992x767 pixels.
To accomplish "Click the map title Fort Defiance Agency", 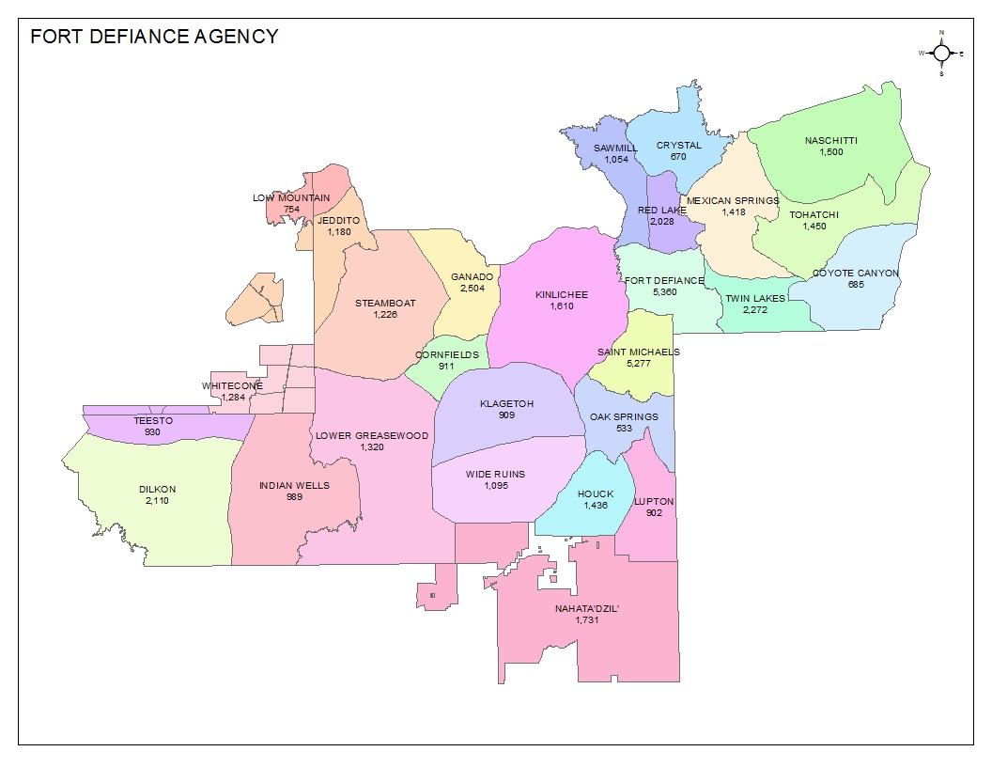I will [x=154, y=37].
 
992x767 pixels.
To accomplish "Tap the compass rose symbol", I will [x=941, y=54].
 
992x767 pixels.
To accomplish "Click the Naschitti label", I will [x=830, y=142].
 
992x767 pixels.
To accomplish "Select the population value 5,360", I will [x=664, y=292].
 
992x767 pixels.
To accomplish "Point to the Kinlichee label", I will [x=562, y=295].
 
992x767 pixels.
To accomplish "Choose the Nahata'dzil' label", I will [x=588, y=608].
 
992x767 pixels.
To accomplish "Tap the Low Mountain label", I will [x=291, y=198].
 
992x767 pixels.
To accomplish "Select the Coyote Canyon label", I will [x=855, y=274].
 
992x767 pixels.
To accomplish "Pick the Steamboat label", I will [x=385, y=304].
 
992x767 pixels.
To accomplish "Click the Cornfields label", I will [x=446, y=355].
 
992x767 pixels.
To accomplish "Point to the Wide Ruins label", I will [x=495, y=474].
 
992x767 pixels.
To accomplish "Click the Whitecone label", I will [x=232, y=386].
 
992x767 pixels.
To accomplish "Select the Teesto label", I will [x=152, y=420].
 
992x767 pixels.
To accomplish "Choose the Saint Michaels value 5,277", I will [x=638, y=364].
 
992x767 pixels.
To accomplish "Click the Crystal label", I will [x=678, y=146].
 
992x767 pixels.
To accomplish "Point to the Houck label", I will [x=596, y=494].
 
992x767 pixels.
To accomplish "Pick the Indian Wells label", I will [x=294, y=486].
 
